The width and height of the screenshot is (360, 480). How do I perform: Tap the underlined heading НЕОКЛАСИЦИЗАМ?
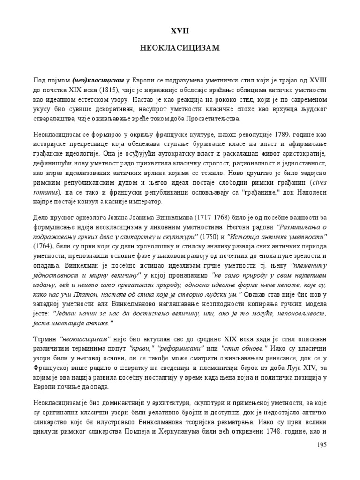(x=180, y=48)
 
